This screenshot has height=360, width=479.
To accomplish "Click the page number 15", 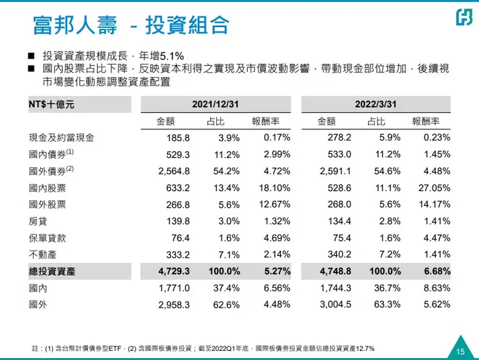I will (460, 352).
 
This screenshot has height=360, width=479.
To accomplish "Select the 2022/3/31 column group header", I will (375, 104).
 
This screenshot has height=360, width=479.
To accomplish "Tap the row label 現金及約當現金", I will (57, 137).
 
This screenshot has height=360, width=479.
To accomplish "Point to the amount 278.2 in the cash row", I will (339, 137).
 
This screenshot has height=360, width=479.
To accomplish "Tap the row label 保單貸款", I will (47, 238).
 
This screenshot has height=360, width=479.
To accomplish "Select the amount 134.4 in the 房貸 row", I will (339, 221).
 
